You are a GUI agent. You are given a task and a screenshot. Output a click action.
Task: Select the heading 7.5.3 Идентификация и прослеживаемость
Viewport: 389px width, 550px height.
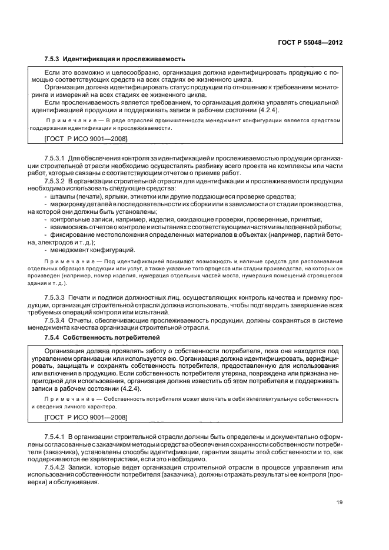115,59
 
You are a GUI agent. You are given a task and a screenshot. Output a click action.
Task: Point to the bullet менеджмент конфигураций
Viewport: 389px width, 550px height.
94,249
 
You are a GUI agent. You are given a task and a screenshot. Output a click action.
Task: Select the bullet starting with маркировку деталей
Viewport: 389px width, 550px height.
194,203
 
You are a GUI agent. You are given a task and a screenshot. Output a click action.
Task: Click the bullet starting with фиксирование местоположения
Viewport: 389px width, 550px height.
194,234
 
